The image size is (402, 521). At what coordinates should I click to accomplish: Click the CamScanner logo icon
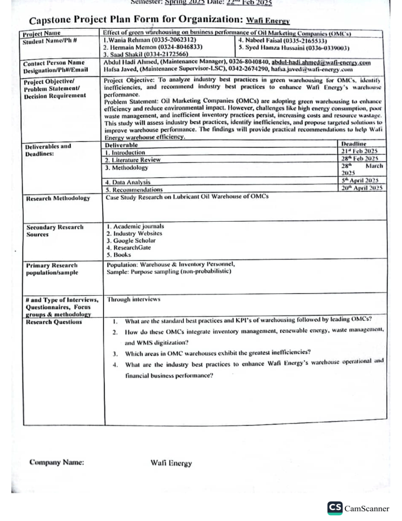[x=334, y=508]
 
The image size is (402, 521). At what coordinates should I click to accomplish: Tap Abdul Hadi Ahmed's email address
[x=321, y=63]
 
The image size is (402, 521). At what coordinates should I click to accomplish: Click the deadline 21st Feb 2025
[x=363, y=151]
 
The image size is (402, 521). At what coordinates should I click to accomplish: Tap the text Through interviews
[x=133, y=300]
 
